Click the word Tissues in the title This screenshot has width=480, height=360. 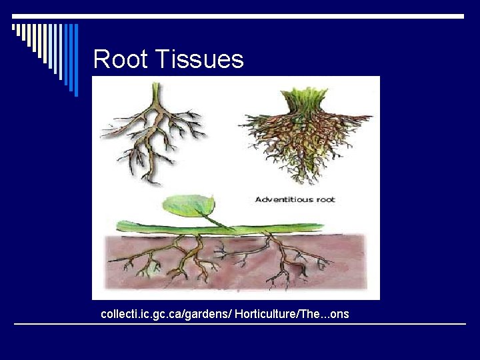199,60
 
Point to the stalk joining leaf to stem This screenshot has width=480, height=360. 217,221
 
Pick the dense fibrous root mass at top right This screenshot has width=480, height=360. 307,143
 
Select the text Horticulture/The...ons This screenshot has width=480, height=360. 291,313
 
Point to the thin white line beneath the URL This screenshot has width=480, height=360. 240,324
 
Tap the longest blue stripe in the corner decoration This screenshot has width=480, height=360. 75,60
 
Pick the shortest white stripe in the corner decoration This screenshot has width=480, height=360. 13,28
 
